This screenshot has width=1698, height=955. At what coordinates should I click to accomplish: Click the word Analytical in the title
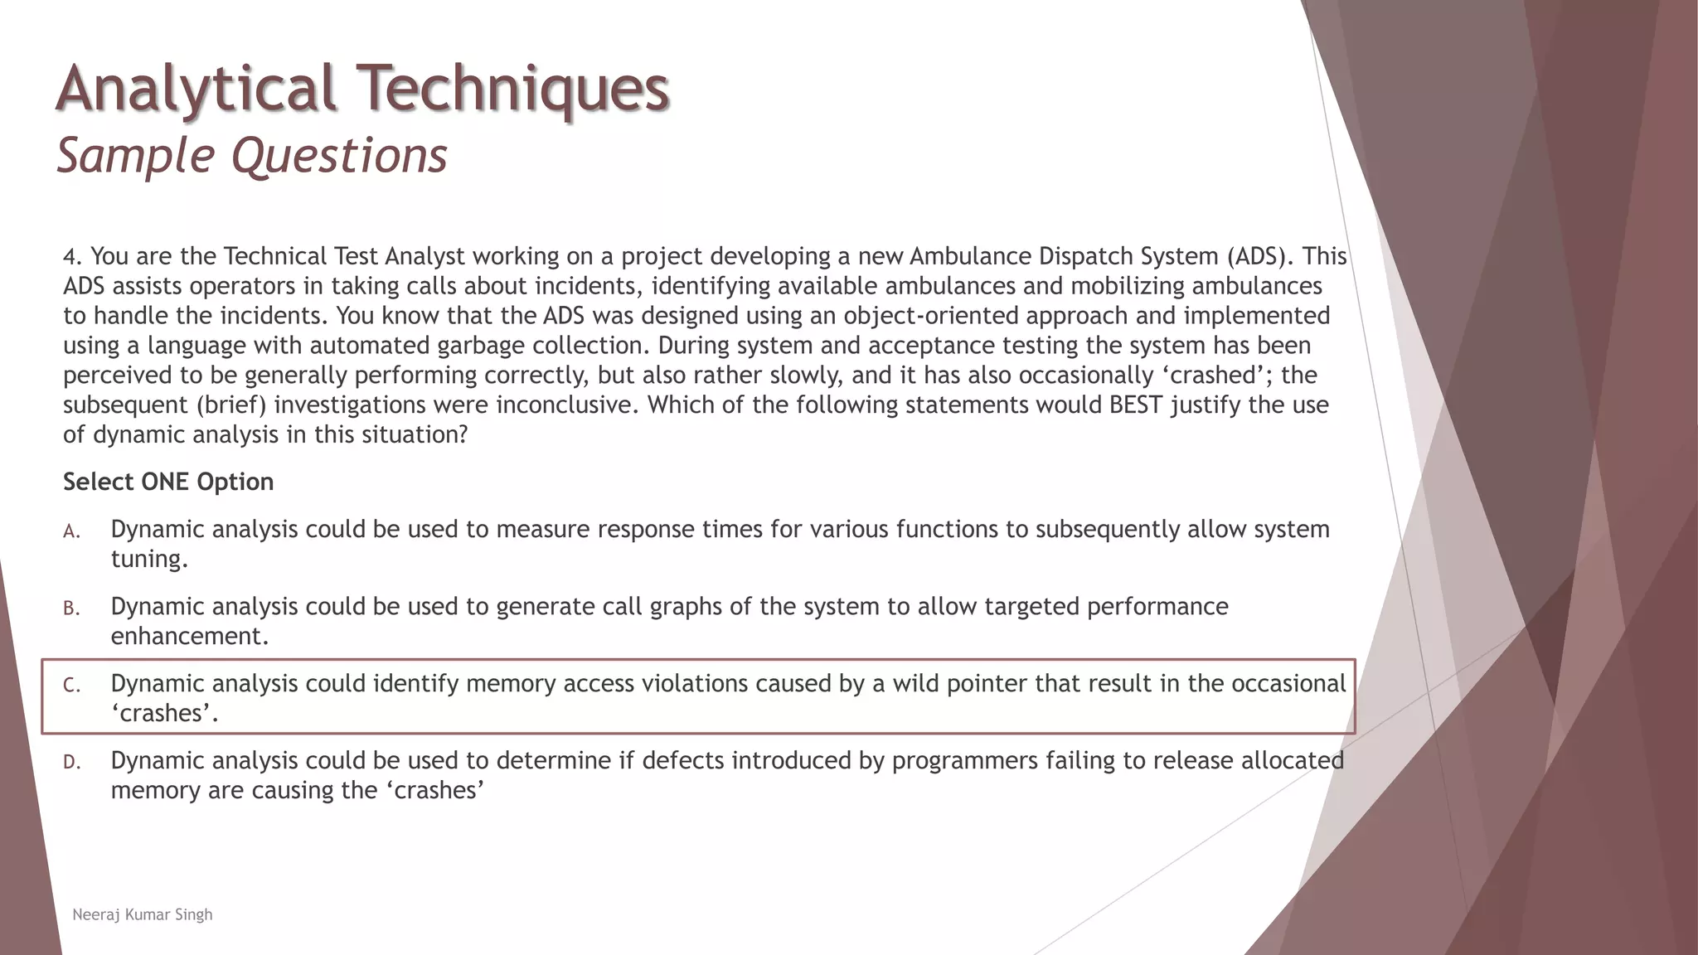(x=196, y=88)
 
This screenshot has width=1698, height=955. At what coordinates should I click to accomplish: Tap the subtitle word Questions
(x=339, y=155)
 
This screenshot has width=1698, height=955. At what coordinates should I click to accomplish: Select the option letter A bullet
(x=71, y=531)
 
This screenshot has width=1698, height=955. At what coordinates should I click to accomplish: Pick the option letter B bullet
(x=71, y=608)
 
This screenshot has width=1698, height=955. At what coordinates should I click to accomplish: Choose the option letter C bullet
(x=71, y=686)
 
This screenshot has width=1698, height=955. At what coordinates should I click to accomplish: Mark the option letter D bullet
(x=71, y=763)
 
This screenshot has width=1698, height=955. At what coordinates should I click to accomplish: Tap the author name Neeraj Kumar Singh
(x=143, y=914)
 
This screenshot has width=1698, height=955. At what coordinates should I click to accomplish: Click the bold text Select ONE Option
(x=168, y=482)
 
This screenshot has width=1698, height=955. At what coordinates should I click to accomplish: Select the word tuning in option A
(x=149, y=560)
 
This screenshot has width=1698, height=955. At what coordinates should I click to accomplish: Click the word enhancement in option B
(x=190, y=637)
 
